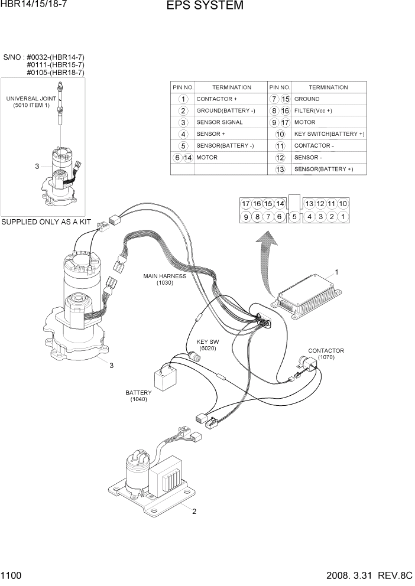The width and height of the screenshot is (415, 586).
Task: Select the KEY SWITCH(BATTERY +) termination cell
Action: point(329,134)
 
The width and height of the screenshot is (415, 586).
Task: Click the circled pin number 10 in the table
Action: point(280,134)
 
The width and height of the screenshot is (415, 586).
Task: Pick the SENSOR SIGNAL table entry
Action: point(219,122)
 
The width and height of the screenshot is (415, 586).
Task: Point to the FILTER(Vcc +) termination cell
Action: point(313,110)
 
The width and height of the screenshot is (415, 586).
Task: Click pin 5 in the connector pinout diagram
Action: point(294,217)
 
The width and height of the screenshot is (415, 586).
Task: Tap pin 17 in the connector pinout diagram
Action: point(246,204)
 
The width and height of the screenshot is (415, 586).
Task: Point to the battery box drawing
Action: point(166,376)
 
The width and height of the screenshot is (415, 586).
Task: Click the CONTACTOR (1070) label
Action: point(326,354)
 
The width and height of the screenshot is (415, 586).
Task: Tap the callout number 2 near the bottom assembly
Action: point(194,512)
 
